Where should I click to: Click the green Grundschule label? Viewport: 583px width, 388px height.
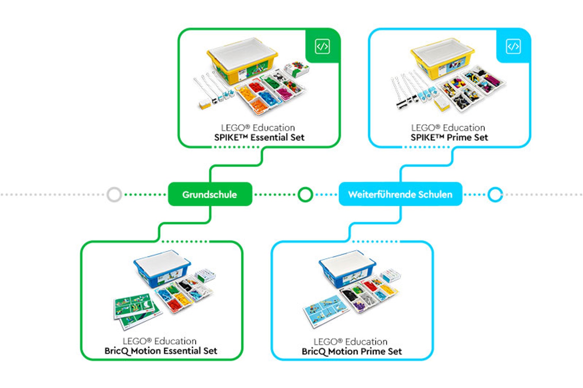coord(210,194)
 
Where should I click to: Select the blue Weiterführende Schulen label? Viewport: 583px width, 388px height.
coord(400,194)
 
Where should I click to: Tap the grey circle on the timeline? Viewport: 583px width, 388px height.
coord(114,194)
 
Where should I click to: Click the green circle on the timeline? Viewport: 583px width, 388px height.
coord(305,194)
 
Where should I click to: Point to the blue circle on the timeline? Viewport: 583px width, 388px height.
coord(495,194)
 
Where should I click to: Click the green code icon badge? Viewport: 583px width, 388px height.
coord(322,46)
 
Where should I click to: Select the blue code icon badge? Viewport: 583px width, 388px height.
coord(513,46)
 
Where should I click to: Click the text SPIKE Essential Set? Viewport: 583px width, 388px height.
coord(259,138)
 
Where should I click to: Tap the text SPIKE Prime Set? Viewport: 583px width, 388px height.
coord(449,138)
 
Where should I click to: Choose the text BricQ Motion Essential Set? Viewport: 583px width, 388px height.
coord(161,351)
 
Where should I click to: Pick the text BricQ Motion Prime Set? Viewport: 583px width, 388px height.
coord(352,352)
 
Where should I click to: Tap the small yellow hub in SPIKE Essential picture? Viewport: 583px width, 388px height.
coord(205,104)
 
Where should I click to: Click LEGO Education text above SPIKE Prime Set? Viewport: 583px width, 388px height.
coord(448,128)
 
